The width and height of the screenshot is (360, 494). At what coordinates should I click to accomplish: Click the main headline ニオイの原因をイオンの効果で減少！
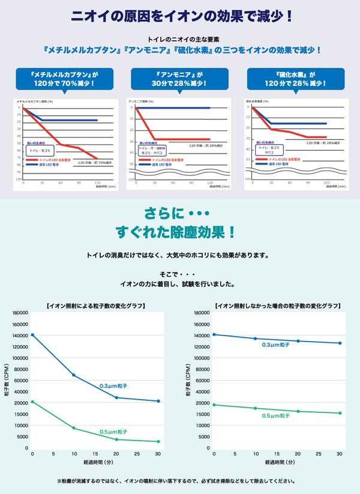pyautogui.click(x=180, y=16)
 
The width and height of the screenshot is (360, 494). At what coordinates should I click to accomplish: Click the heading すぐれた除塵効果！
pyautogui.click(x=180, y=232)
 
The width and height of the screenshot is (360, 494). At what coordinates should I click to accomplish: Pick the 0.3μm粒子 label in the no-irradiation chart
pyautogui.click(x=276, y=345)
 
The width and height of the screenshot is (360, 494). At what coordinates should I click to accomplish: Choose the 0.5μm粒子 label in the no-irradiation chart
pyautogui.click(x=276, y=415)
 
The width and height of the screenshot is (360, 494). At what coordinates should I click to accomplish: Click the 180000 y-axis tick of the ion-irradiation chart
pyautogui.click(x=20, y=313)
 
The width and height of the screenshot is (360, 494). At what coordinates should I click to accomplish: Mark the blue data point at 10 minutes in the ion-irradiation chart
pyautogui.click(x=74, y=375)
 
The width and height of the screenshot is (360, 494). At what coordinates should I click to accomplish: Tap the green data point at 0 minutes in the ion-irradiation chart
pyautogui.click(x=32, y=402)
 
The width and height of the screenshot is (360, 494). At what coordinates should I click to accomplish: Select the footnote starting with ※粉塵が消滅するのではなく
pyautogui.click(x=180, y=481)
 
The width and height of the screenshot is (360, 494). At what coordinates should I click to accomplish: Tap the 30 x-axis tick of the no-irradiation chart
pyautogui.click(x=340, y=454)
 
